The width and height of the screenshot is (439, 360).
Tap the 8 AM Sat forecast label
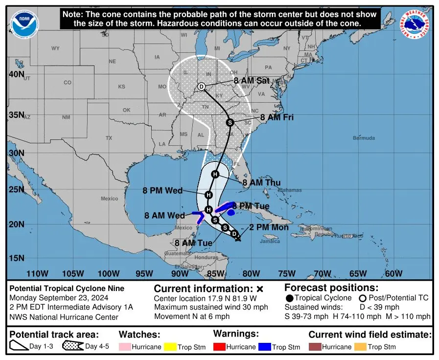pyautogui.click(x=252, y=81)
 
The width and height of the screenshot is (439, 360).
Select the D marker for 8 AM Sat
pyautogui.click(x=202, y=87)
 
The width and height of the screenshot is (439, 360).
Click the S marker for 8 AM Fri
pyautogui.click(x=229, y=122)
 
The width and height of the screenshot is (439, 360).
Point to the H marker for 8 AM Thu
pyautogui.click(x=215, y=174)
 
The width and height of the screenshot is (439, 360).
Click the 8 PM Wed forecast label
pyautogui.click(x=162, y=191)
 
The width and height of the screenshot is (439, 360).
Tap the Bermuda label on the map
pyautogui.click(x=364, y=138)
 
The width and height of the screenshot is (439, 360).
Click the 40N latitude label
pyautogui.click(x=16, y=74)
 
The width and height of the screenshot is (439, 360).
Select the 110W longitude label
pyautogui.click(x=37, y=273)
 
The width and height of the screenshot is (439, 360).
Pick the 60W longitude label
pyautogui.click(x=393, y=273)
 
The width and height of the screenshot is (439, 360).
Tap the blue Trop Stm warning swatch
pyautogui.click(x=265, y=347)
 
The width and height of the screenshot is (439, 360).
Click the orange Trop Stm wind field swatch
pyautogui.click(x=361, y=347)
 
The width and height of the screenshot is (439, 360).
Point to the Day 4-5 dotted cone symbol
pyautogui.click(x=72, y=347)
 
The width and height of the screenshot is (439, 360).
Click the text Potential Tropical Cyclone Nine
pyautogui.click(x=67, y=289)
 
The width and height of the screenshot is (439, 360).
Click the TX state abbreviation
pyautogui.click(x=109, y=138)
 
